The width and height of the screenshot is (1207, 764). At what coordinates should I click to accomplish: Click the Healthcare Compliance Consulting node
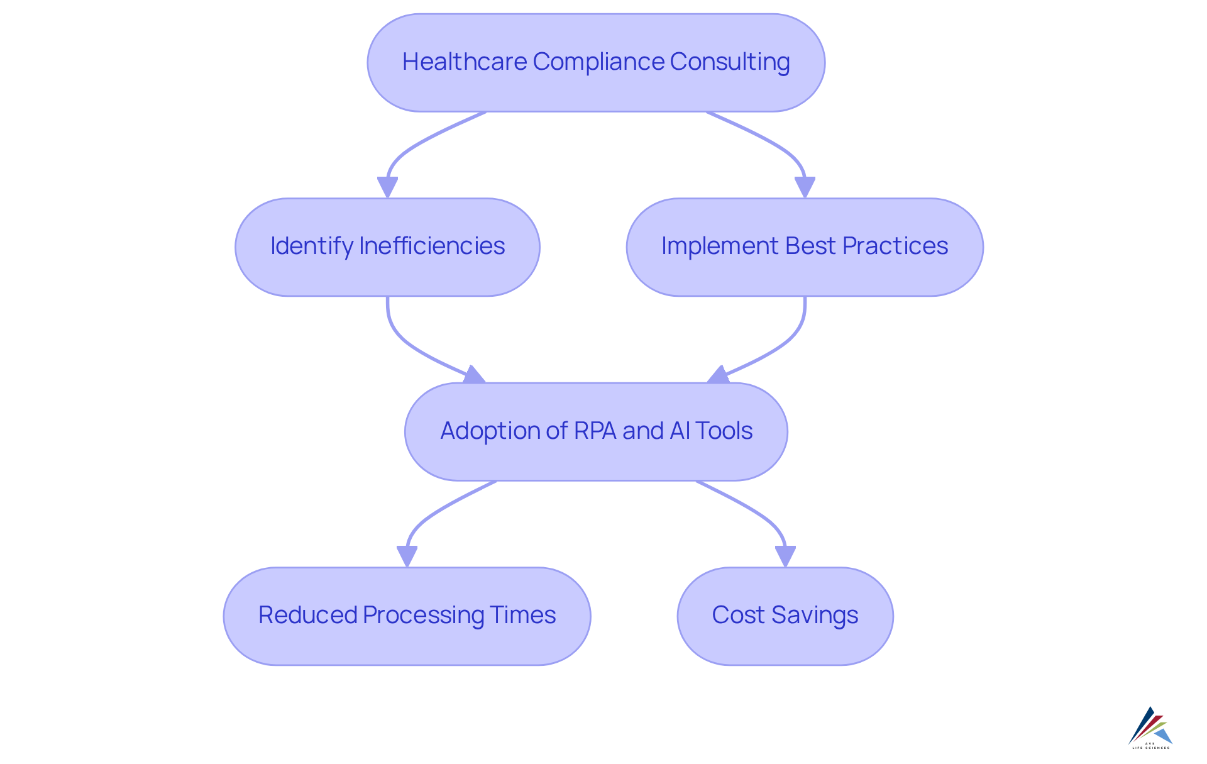coord(596,63)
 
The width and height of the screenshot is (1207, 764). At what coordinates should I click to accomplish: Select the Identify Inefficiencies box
coord(387,247)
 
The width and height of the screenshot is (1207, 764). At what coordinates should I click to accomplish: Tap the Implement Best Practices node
coord(805,247)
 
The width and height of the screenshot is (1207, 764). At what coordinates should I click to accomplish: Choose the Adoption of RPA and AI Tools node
coord(596,431)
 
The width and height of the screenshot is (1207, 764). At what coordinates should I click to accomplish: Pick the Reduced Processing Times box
coord(407,616)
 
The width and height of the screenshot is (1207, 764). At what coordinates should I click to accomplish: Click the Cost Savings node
coord(785,616)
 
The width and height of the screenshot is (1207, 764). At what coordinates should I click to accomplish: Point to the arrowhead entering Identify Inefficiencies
coord(387,187)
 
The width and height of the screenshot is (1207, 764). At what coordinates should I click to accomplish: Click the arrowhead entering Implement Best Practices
coord(805,187)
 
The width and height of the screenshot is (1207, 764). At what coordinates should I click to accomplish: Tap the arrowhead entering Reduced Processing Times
coord(407,556)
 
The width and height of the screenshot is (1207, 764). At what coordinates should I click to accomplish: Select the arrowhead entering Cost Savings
coord(785,556)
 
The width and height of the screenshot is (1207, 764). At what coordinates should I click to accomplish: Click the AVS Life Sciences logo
coord(1150,728)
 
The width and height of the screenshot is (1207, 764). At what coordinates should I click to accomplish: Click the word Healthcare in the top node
coord(465,62)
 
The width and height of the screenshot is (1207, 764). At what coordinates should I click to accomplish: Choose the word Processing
coord(424,615)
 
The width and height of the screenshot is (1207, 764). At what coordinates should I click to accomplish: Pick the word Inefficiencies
coord(432,246)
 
